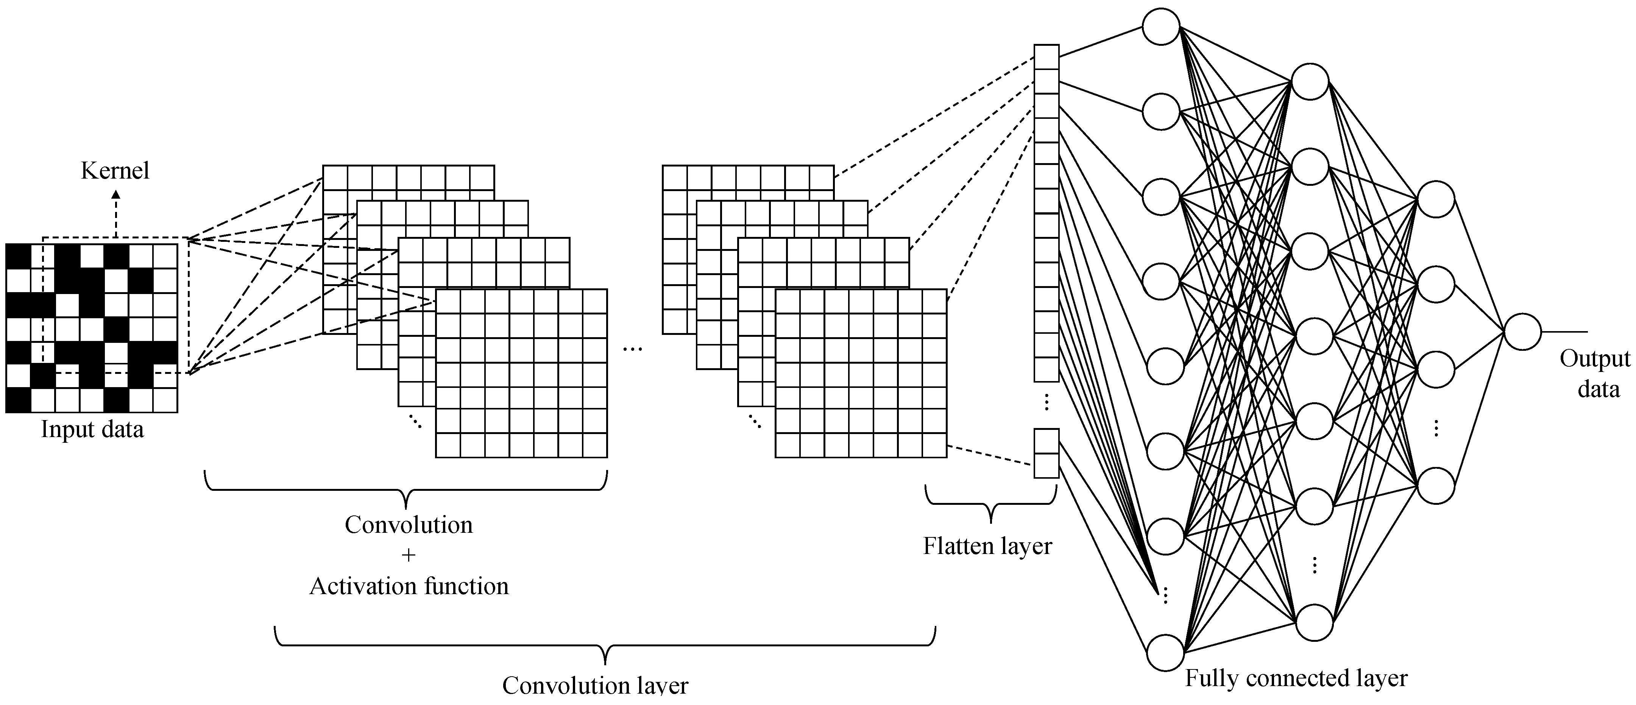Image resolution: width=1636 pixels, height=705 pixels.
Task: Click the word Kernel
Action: tap(115, 171)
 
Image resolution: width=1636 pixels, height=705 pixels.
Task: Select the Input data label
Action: tap(92, 430)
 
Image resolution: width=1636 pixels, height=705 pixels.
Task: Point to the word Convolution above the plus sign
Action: tap(409, 525)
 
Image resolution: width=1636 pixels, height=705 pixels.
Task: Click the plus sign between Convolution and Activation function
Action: tap(409, 555)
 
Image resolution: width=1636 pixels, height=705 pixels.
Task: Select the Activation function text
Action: tap(409, 586)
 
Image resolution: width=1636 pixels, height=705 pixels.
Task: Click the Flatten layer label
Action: tap(987, 546)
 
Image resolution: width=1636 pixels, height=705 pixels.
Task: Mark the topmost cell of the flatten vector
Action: tap(1046, 56)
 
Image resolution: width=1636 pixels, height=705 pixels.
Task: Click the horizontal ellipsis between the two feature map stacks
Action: tap(633, 349)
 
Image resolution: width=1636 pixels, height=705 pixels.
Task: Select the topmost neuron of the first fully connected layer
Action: tap(1161, 26)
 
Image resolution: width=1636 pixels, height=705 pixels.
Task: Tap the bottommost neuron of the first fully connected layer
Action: tap(1165, 652)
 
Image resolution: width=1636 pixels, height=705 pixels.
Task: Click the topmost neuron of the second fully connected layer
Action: tap(1310, 81)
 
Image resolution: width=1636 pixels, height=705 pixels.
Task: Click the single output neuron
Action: tap(1522, 331)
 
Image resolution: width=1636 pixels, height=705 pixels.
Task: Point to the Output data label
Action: tap(1595, 373)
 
